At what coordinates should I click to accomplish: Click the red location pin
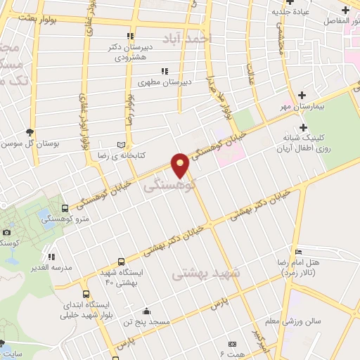coord(181,163)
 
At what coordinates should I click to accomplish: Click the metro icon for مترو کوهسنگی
coord(65,208)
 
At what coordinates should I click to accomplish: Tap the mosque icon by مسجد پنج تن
coord(146,311)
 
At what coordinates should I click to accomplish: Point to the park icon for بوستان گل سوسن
coord(30,131)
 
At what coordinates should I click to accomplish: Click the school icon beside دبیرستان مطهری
coord(164,70)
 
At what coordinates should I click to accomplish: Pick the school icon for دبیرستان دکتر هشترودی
coord(129,35)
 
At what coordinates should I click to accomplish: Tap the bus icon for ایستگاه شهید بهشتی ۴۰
coord(121,262)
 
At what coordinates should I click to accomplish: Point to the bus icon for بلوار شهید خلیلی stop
coord(86,295)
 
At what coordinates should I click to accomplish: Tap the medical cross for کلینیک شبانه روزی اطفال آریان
coord(303,127)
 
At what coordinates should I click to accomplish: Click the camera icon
coord(6,232)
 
